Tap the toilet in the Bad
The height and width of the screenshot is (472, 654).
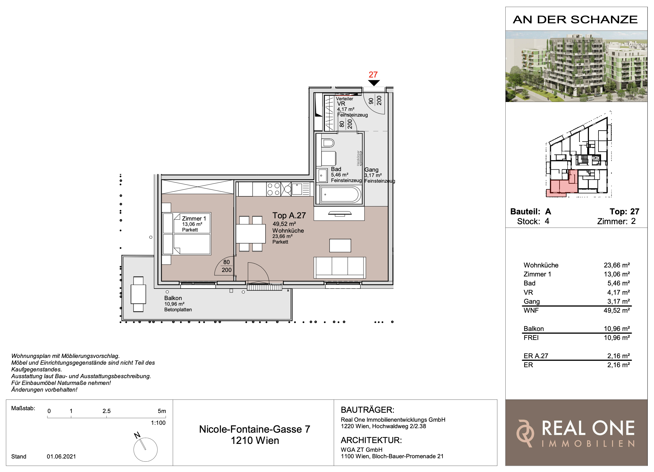point(328,143)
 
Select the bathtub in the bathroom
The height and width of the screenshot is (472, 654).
point(340,194)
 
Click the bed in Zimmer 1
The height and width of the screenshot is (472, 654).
point(187,234)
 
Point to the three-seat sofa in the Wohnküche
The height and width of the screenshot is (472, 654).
point(340,267)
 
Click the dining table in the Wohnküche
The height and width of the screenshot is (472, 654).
point(251,234)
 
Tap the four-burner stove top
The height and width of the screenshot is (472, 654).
point(274,189)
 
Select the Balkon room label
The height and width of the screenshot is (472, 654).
point(173,298)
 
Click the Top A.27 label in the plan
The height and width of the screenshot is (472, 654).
point(289,215)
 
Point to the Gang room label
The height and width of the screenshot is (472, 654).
point(371,170)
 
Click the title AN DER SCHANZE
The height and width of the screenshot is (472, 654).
point(575,20)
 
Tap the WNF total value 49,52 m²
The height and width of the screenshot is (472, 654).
point(617,310)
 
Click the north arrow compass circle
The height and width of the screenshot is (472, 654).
point(145,450)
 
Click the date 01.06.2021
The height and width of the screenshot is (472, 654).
point(61,456)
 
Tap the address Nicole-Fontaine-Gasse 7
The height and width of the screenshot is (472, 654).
point(255,429)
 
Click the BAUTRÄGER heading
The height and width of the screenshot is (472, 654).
point(367,410)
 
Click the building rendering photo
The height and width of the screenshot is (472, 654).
point(576,66)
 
